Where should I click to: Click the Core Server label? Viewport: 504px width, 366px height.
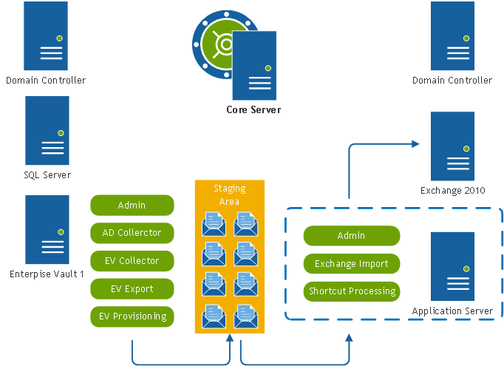point(253,110)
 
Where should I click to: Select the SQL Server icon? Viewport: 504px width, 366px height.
point(47,130)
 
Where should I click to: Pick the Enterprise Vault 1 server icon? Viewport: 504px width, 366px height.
point(47,230)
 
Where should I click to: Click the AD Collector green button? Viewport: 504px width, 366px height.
point(132,233)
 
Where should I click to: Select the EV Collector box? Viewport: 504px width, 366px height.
point(132,261)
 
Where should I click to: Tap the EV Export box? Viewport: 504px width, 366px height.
point(132,288)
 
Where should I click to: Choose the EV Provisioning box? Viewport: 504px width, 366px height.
point(132,316)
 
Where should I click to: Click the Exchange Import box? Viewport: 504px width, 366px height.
point(351,263)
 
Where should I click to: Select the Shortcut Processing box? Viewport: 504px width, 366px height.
point(351,291)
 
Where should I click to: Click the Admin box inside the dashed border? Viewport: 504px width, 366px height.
point(351,236)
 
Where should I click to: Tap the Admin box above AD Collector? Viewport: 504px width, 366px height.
point(132,205)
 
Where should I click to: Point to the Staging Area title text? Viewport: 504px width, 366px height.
point(229,194)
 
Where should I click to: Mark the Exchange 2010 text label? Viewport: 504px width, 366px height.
point(452,191)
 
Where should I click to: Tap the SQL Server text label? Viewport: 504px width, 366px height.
point(47,175)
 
